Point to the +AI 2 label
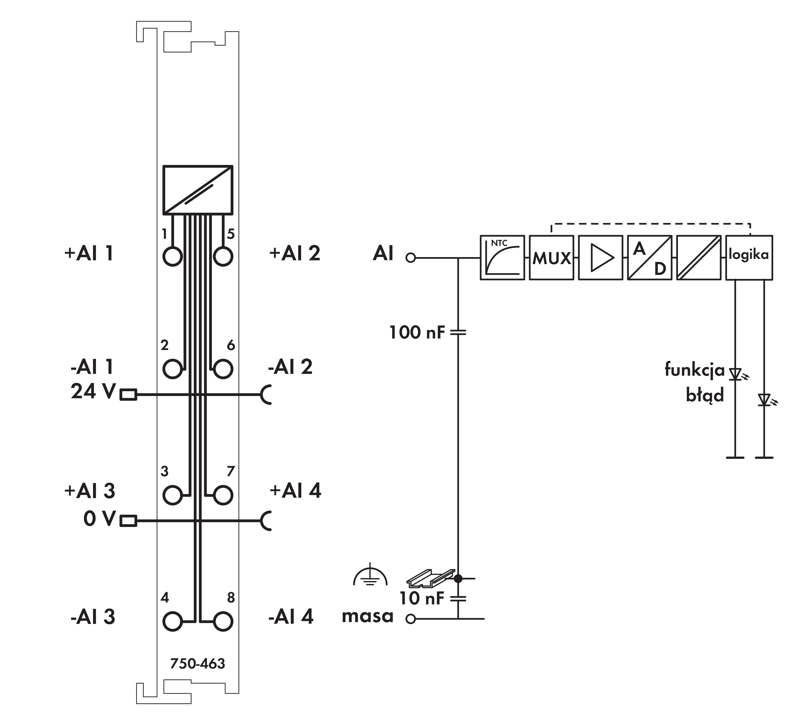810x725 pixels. (295, 253)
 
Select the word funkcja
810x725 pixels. (695, 370)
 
